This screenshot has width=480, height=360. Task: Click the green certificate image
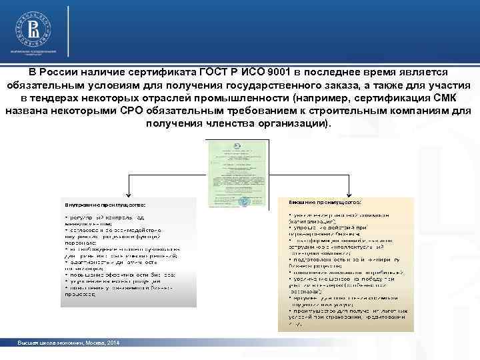click(239, 175)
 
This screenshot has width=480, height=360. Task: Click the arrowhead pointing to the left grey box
click(127, 193)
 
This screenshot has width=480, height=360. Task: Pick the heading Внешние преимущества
click(326, 201)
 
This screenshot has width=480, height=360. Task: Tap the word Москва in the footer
click(90, 341)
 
